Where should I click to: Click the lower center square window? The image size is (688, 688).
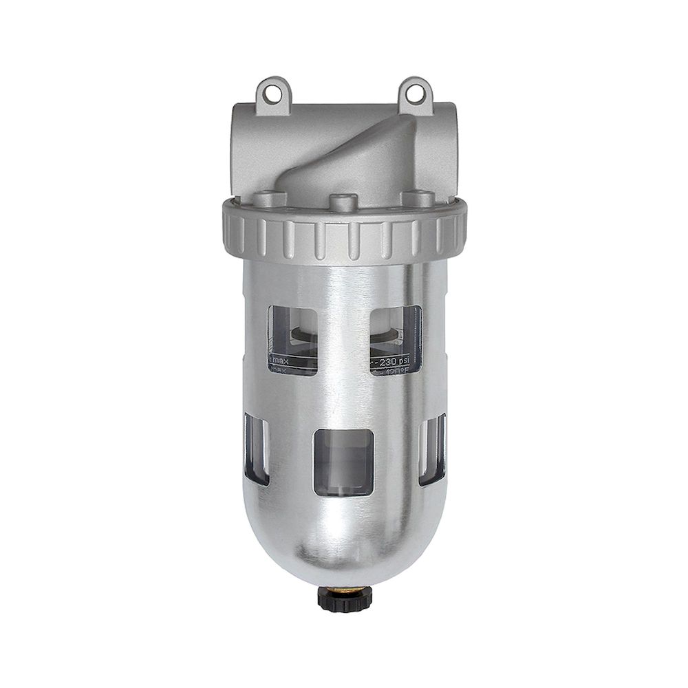pyautogui.click(x=343, y=462)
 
